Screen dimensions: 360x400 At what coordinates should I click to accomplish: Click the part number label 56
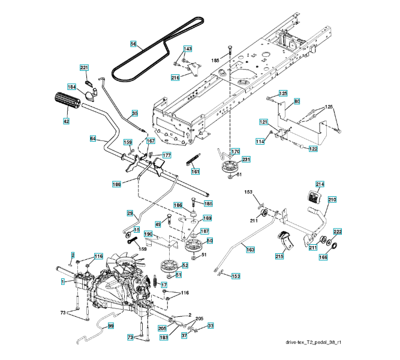[134, 43]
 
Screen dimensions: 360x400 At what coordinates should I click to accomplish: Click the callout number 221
[85, 67]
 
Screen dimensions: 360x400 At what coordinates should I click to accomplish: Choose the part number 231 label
[246, 159]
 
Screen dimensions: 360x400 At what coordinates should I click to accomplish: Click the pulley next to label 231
[228, 167]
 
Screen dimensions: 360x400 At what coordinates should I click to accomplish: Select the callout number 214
[320, 185]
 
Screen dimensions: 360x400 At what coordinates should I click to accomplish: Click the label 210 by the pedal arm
[332, 199]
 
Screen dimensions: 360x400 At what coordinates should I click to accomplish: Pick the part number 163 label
[250, 248]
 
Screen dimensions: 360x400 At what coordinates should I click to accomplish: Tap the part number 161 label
[196, 172]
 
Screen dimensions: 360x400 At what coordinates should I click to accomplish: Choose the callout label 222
[338, 232]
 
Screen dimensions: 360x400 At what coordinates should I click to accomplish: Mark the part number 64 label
[93, 139]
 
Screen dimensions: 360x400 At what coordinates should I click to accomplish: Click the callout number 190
[148, 233]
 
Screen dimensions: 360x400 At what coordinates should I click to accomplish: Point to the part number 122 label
[313, 148]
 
